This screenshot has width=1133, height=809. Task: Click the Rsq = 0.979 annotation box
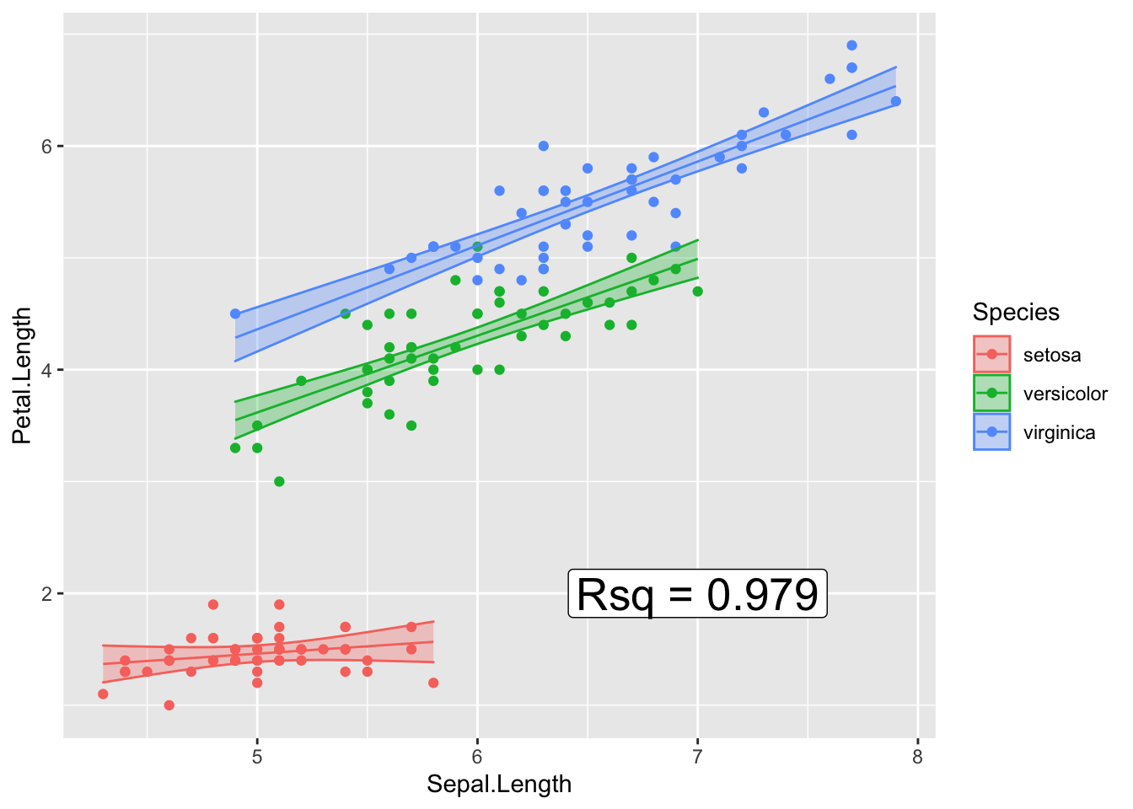[697, 594]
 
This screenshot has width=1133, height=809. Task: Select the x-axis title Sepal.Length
[499, 785]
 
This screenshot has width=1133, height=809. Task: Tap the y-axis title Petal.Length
[22, 376]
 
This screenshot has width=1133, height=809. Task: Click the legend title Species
[1016, 313]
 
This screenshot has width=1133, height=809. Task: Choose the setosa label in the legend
[1051, 355]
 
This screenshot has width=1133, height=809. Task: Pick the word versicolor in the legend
[1065, 394]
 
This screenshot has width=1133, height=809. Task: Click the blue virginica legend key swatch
[991, 432]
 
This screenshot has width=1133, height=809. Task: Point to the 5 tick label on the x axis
[257, 757]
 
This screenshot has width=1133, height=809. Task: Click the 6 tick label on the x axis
[477, 757]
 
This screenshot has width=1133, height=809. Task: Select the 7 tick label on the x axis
[697, 757]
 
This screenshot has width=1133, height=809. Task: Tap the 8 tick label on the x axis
[917, 757]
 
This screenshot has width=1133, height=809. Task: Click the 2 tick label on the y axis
[47, 594]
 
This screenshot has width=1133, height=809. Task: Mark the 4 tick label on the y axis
[47, 370]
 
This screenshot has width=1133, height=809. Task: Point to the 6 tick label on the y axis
[47, 146]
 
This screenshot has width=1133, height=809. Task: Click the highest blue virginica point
[851, 46]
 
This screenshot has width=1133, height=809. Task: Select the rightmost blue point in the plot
[895, 101]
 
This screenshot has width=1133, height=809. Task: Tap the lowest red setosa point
[169, 705]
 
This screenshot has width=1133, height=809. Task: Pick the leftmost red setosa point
[103, 694]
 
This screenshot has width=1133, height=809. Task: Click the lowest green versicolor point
[279, 482]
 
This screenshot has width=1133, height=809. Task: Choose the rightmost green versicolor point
[697, 292]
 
